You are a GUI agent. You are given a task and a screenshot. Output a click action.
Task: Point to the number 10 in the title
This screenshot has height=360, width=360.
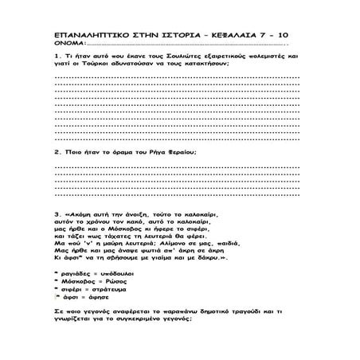(x=300, y=37)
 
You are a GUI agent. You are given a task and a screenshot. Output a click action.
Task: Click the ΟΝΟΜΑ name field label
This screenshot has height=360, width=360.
(x=70, y=46)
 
